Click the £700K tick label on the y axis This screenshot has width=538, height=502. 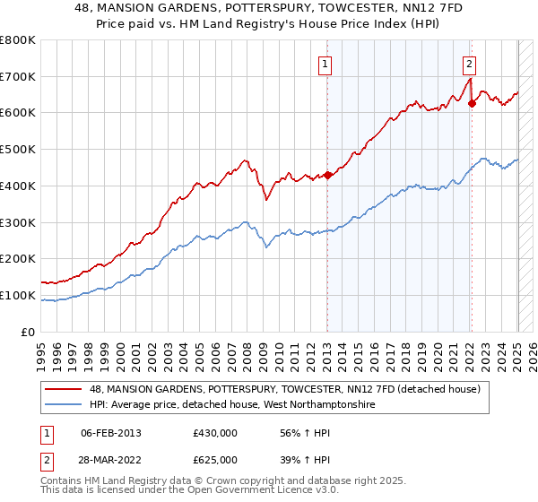pos(18,77)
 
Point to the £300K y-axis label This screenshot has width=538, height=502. pos(18,222)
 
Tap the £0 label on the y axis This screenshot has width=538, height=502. pos(29,332)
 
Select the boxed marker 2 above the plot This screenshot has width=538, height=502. pos(469,64)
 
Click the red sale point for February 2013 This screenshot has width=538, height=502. pos(327,175)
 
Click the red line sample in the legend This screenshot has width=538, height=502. pos(65,390)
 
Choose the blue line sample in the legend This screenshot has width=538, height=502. pos(65,404)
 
